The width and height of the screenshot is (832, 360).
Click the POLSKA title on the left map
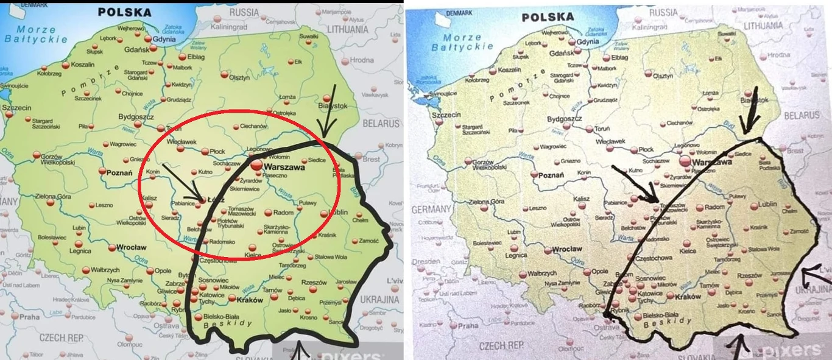[x=124, y=12]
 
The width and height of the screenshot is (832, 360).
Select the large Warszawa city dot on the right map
[x=685, y=161]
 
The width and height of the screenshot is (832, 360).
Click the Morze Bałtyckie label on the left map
[x=37, y=34]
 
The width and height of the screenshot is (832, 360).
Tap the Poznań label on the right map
[x=550, y=175]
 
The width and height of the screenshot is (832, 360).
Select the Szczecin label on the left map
[x=16, y=107]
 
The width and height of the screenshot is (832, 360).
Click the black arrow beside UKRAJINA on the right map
[x=816, y=277]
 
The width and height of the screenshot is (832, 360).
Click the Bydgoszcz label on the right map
[x=565, y=119]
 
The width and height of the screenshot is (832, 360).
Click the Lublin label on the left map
[x=337, y=213]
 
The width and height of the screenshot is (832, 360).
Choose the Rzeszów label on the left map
[x=314, y=283]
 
